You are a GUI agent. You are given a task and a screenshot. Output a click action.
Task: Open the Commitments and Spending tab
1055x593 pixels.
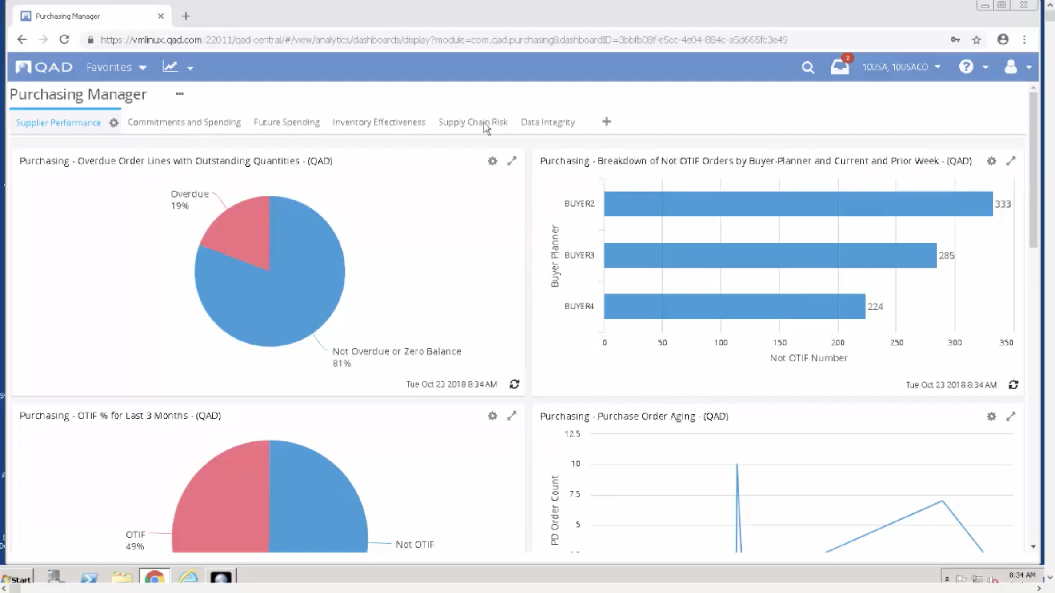point(184,122)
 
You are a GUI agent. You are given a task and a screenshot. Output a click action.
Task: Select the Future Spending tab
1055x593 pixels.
point(286,122)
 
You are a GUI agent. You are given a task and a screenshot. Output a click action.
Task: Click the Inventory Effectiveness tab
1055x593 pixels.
point(379,122)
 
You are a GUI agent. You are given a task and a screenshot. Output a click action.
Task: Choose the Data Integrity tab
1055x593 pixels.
point(547,122)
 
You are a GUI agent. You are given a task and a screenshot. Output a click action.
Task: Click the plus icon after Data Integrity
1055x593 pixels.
point(606,122)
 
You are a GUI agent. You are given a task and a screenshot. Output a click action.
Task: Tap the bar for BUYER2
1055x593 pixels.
point(798,204)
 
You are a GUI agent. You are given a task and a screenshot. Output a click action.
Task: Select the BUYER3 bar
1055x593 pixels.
point(770,255)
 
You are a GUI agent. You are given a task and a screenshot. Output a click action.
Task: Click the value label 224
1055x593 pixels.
point(875,306)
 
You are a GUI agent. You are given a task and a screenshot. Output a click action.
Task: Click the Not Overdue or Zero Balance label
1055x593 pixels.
point(396,351)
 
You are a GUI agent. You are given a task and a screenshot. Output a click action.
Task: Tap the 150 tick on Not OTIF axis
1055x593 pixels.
point(779,342)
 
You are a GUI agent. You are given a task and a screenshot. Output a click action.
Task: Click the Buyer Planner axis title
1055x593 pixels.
point(554,256)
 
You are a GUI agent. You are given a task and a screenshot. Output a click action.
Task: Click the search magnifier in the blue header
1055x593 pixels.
point(807,67)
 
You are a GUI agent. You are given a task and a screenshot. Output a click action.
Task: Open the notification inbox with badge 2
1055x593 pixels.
point(839,67)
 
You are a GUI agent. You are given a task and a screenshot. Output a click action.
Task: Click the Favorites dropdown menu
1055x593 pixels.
point(116,67)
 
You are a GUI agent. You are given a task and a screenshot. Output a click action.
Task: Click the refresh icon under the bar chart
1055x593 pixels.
point(1013,385)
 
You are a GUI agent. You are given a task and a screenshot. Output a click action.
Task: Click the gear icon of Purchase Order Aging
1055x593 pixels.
point(991,416)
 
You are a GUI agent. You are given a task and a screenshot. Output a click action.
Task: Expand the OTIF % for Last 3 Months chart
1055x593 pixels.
point(512,416)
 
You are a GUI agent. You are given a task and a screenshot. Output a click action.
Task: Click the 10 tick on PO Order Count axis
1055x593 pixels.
point(575,464)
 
